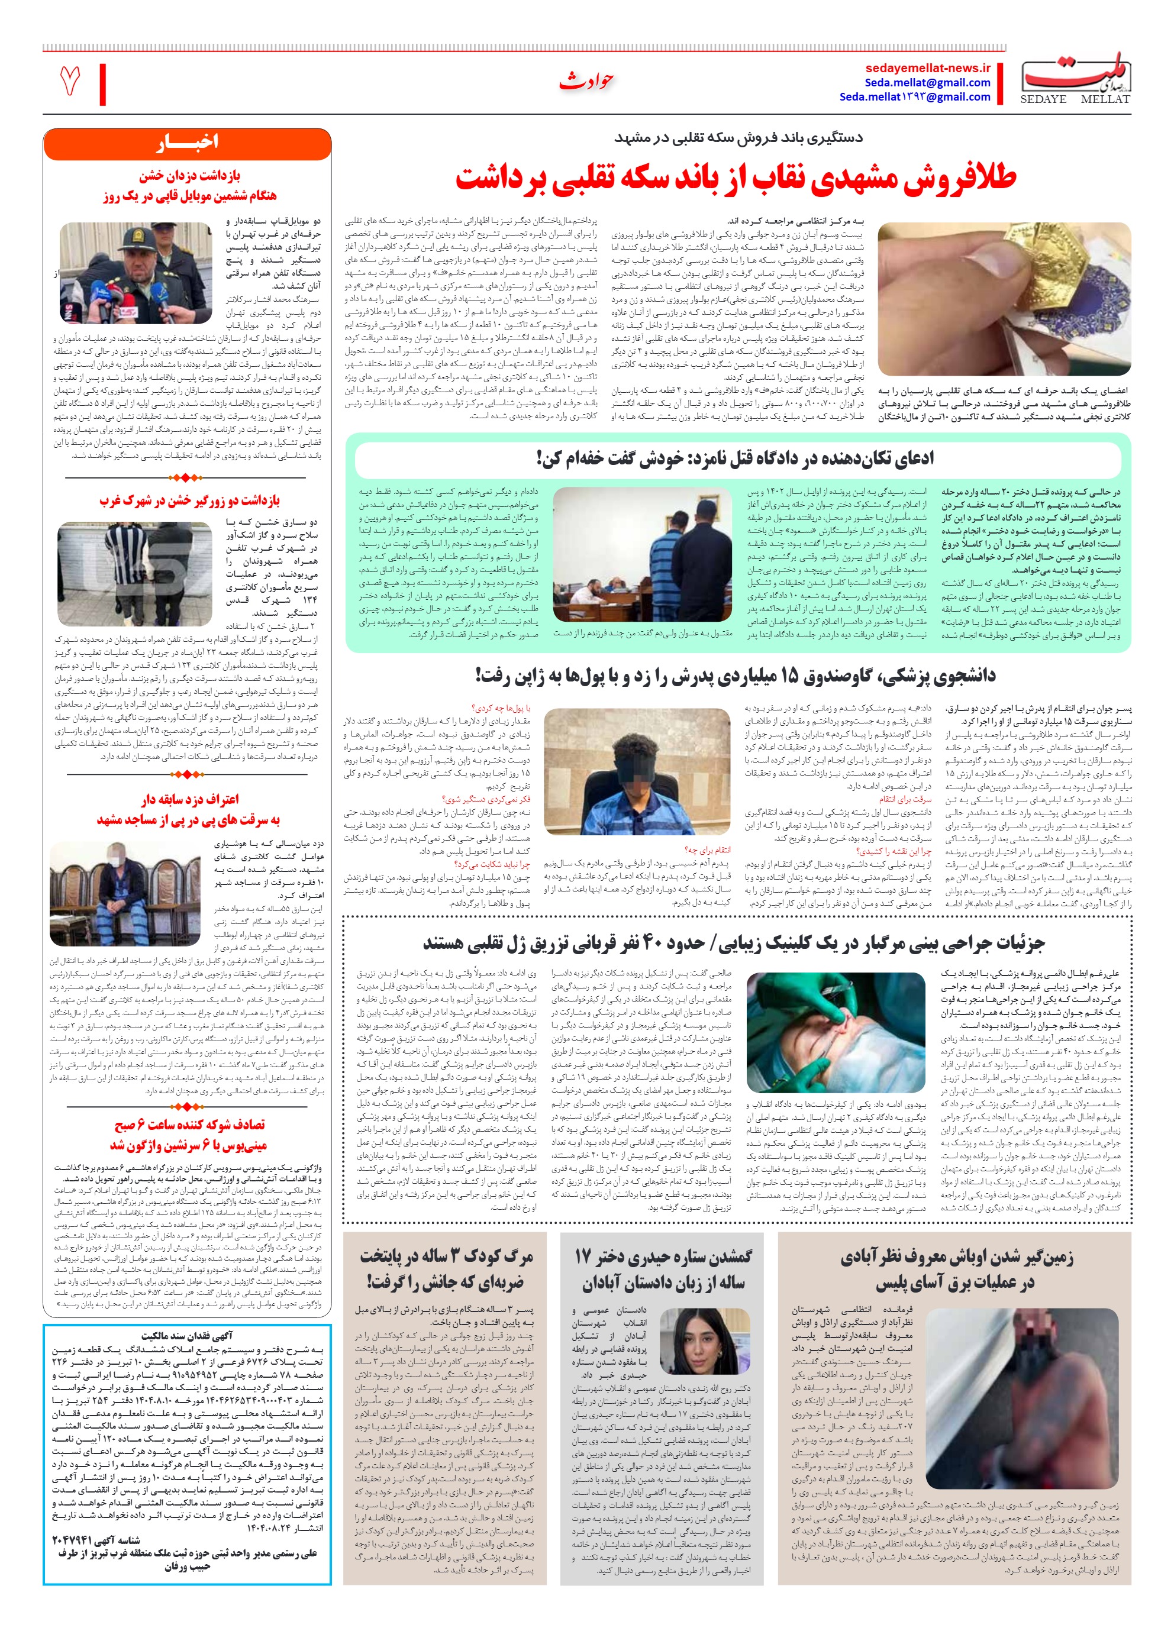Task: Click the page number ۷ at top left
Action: [x=70, y=80]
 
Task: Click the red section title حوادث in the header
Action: [x=586, y=80]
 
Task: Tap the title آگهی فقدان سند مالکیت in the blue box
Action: [x=186, y=1336]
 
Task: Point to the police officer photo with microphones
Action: [x=136, y=272]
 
